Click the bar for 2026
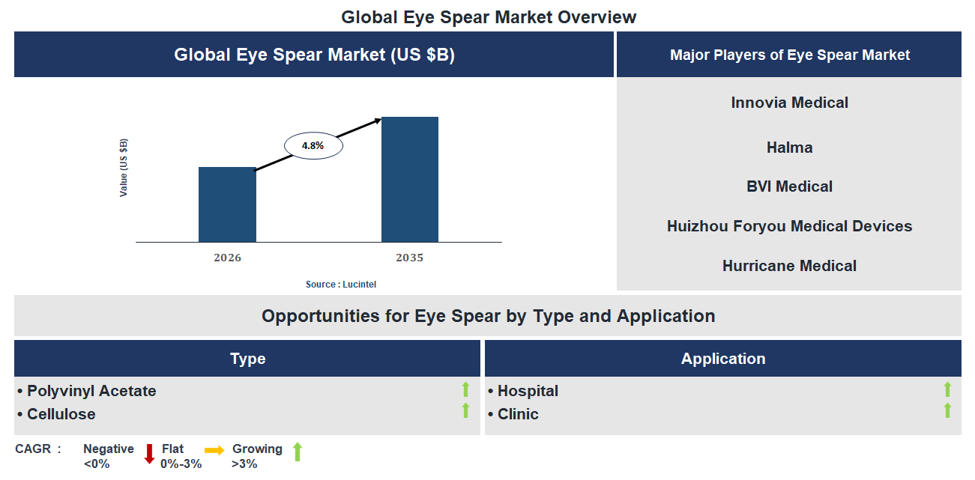[227, 204]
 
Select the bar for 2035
[410, 180]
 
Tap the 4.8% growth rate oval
[313, 146]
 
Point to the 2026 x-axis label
[227, 258]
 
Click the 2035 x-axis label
[410, 258]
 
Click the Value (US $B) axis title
[124, 168]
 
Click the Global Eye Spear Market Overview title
[489, 16]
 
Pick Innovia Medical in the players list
[789, 103]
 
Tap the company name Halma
[789, 148]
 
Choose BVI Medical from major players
[789, 186]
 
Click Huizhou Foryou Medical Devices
[789, 226]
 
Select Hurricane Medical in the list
[789, 266]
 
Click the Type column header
[247, 359]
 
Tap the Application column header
[722, 359]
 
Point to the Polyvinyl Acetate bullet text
[91, 391]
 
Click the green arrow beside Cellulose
[465, 410]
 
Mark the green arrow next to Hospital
[947, 389]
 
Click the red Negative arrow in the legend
[149, 453]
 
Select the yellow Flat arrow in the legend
[214, 451]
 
